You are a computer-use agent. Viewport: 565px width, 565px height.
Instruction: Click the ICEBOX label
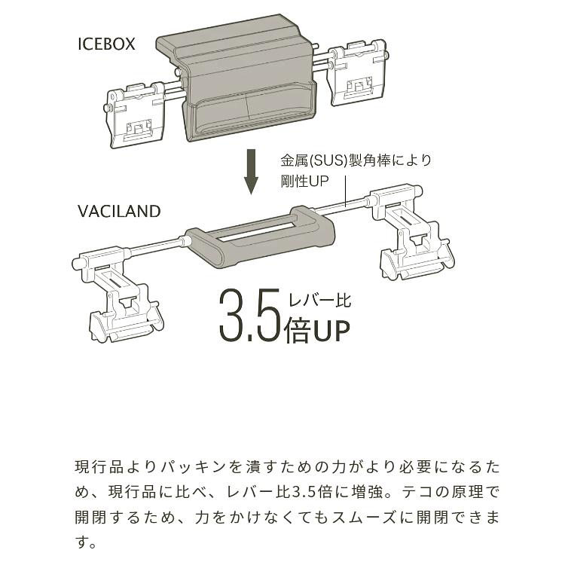[106, 44]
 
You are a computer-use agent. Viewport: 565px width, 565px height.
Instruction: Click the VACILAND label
[119, 211]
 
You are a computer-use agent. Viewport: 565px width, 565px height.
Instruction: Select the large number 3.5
[249, 314]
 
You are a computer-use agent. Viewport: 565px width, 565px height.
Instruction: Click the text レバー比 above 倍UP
[319, 300]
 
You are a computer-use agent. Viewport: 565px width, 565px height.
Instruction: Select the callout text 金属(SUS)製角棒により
[356, 161]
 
